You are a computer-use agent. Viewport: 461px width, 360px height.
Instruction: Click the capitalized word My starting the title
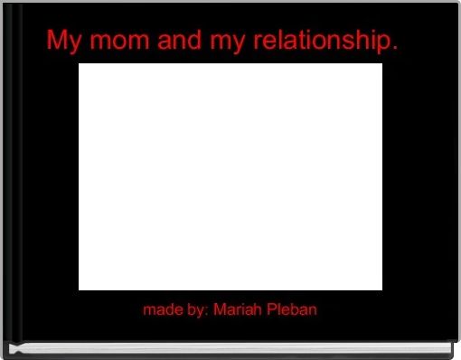63,42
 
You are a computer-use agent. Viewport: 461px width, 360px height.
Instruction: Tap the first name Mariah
237,309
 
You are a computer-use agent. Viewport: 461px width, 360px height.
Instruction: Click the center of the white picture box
230,176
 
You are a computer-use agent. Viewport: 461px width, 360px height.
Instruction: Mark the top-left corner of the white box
80,64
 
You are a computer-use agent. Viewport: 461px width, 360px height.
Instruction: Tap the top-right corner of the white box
381,64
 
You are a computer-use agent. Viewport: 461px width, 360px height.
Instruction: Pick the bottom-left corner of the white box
80,289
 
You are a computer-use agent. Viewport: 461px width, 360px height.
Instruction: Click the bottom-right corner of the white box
381,289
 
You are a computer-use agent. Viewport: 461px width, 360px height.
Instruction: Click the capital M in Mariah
220,309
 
